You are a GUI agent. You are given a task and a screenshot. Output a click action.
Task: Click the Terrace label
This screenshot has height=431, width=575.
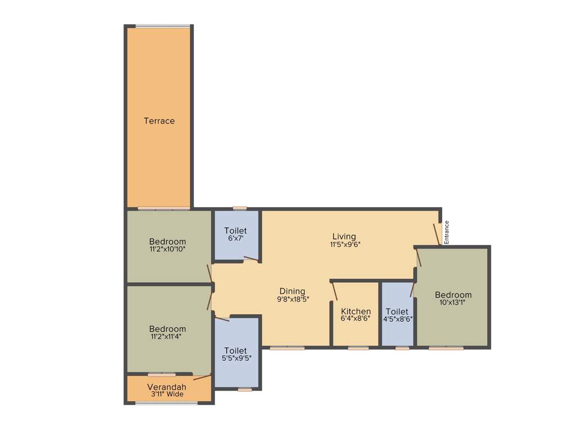point(159,121)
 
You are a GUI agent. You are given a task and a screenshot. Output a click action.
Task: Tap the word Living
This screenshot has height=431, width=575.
point(344,236)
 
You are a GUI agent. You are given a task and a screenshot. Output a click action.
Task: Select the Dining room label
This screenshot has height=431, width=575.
point(292,291)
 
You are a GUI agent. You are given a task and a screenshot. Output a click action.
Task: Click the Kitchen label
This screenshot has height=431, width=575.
point(356,311)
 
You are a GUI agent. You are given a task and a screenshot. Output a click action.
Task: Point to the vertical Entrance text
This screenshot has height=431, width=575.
point(447,231)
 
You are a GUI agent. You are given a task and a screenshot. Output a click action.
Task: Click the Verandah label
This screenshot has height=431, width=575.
point(167,387)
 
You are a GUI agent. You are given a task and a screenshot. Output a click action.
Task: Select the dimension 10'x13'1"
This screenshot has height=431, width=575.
point(453,302)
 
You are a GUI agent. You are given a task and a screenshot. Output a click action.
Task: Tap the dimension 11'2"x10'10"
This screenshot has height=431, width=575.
point(167,249)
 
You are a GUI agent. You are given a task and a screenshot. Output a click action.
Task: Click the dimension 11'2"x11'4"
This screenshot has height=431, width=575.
point(167,337)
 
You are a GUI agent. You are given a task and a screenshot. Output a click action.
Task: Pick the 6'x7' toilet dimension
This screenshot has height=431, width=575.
point(235,238)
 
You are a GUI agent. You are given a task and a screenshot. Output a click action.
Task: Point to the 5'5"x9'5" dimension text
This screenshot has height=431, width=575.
point(236,358)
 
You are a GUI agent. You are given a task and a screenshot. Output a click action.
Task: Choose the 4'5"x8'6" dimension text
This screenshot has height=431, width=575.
point(398,319)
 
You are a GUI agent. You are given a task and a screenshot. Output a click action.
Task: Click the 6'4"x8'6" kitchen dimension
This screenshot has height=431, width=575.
point(356,319)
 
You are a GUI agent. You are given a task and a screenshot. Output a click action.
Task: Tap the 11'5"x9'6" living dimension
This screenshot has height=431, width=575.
point(345,244)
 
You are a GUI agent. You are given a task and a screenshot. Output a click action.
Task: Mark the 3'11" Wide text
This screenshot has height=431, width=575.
point(167,394)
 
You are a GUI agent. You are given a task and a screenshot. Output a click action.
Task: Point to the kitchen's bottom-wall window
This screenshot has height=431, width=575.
point(358,349)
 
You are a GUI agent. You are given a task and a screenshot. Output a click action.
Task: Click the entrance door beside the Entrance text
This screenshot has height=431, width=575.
point(436,234)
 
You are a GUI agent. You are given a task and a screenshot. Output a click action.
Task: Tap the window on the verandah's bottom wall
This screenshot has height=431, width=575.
point(166,403)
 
